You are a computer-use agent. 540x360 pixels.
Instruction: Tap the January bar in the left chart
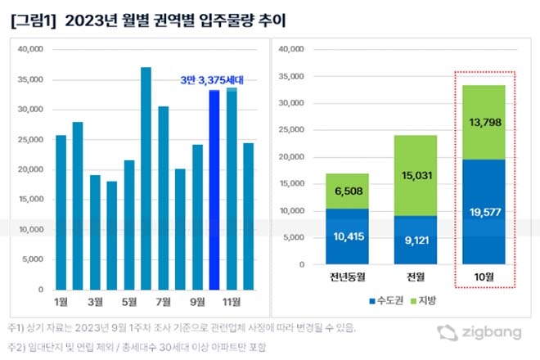pos(61,213)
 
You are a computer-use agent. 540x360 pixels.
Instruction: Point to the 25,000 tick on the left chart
pos(30,139)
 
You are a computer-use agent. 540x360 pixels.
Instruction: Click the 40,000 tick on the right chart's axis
pos(291,50)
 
